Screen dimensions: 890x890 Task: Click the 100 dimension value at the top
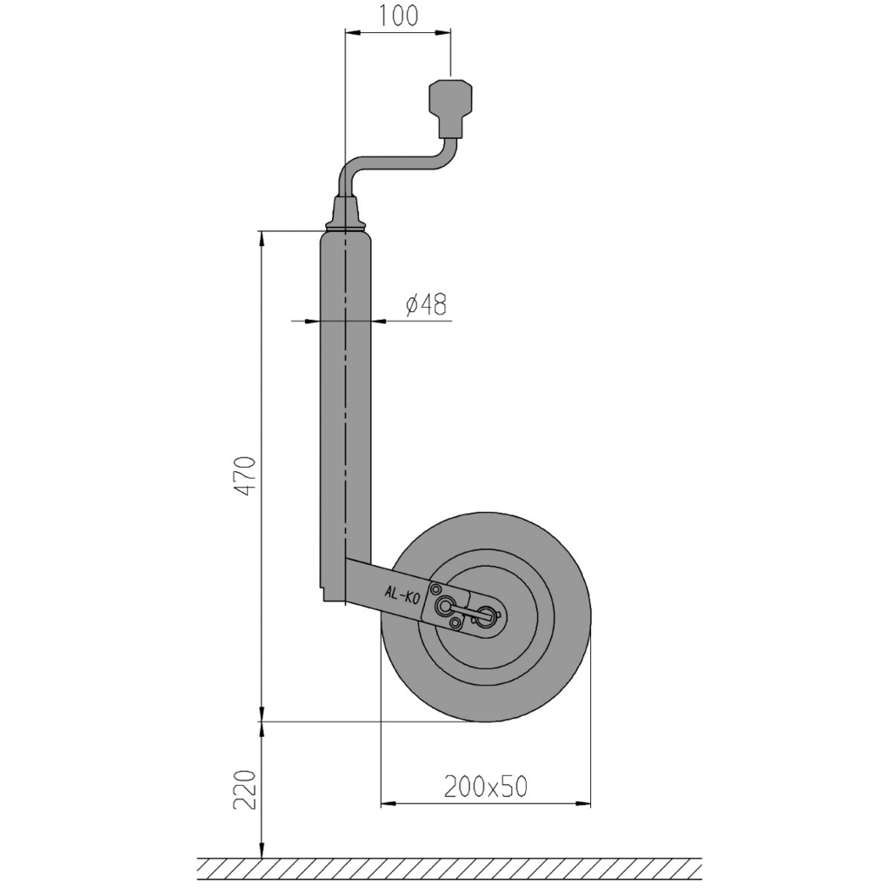[x=399, y=16]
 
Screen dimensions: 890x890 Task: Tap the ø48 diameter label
[x=426, y=304]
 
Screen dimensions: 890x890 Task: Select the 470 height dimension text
[x=246, y=475]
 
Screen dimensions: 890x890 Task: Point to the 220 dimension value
[x=246, y=789]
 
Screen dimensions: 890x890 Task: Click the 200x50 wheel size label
[x=485, y=787]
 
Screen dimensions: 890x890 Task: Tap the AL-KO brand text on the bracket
[x=402, y=594]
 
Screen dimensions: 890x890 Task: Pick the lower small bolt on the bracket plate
[x=455, y=624]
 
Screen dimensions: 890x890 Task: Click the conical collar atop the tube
[x=347, y=212]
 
